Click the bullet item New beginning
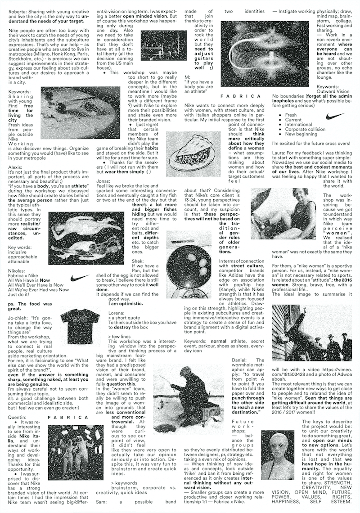pos(301,134)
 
